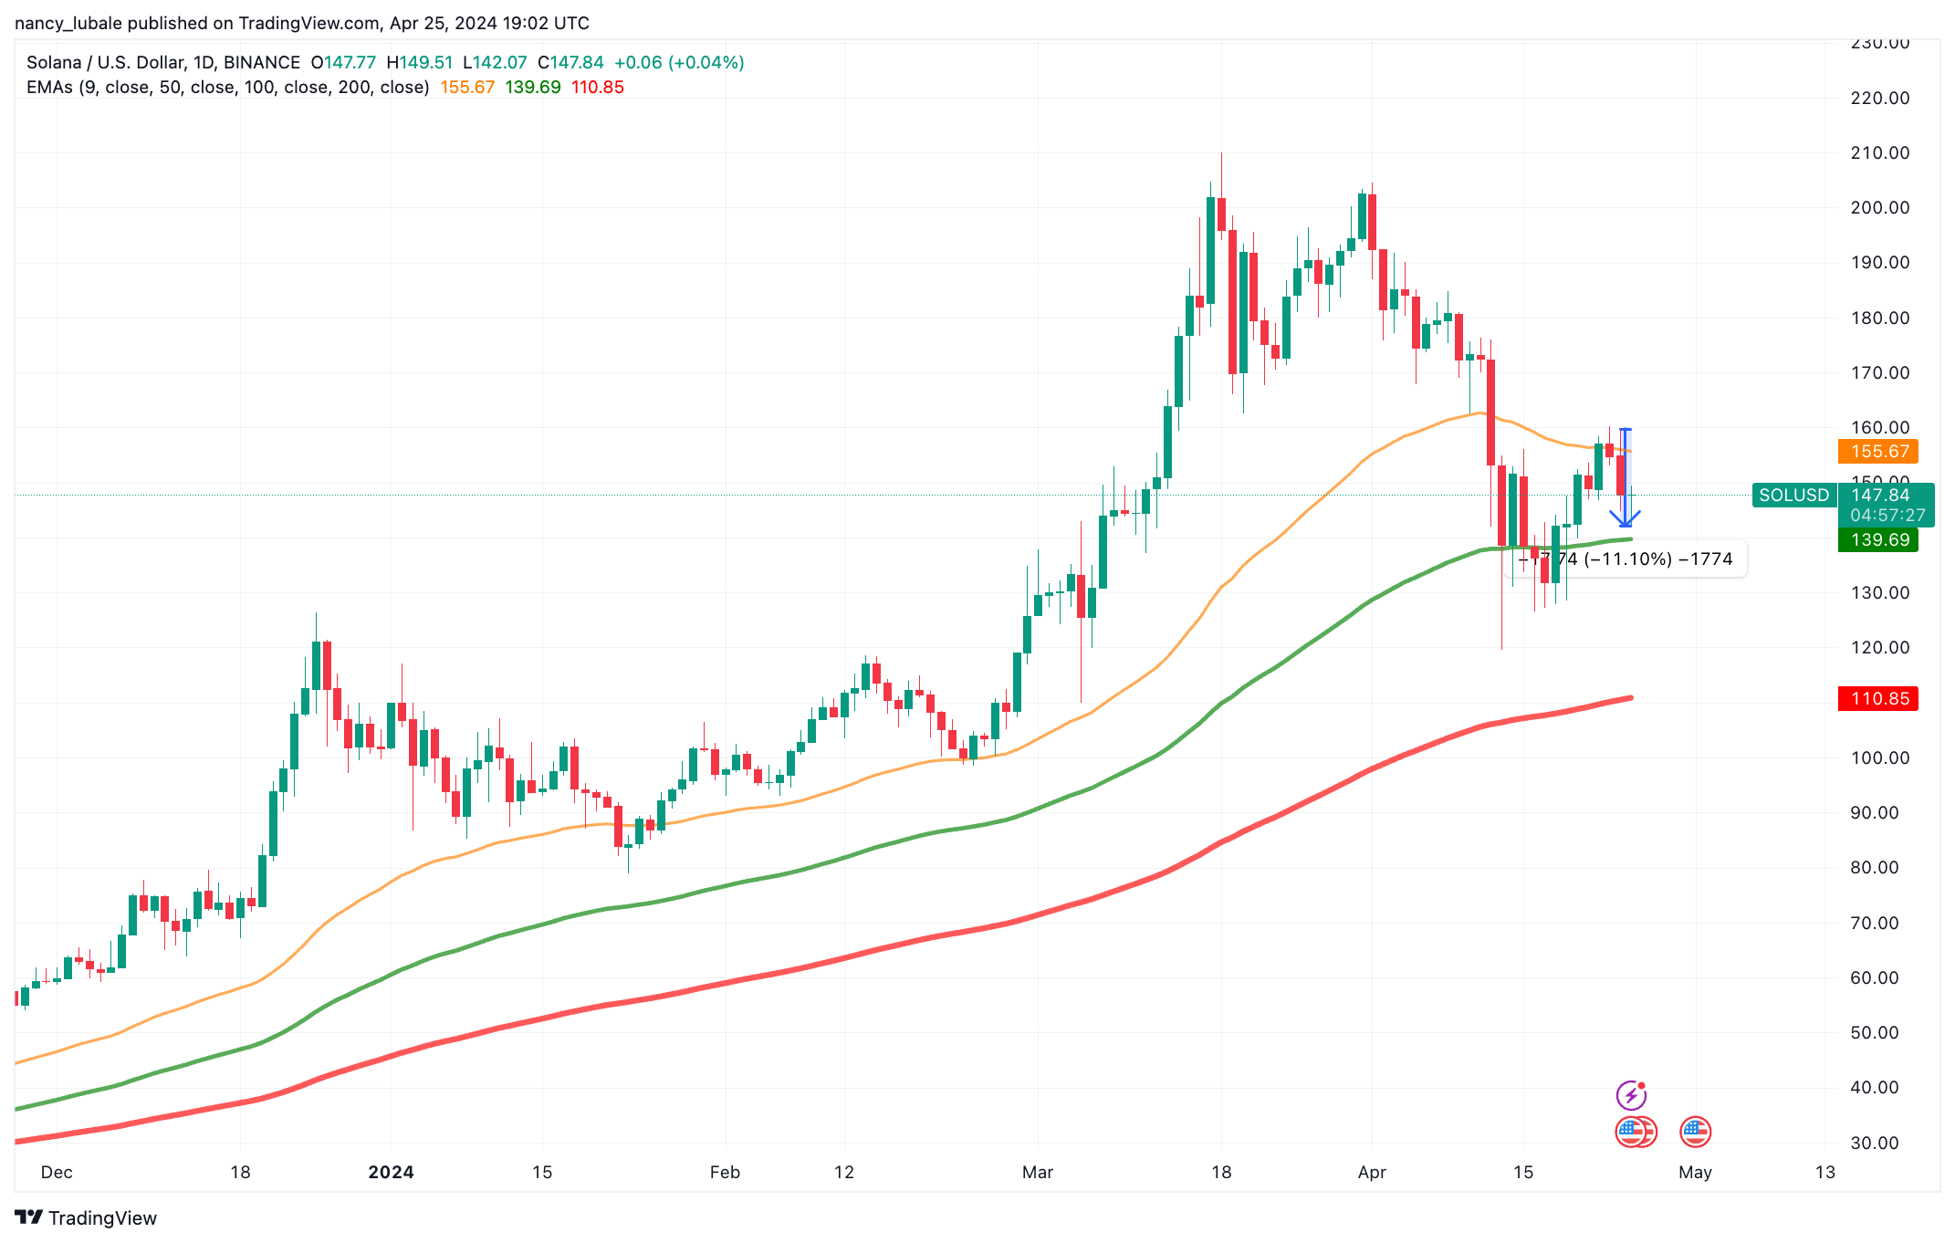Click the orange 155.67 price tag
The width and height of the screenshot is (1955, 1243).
pos(1878,451)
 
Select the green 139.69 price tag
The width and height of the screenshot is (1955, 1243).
pos(1878,539)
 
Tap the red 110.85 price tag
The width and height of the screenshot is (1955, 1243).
pos(1878,698)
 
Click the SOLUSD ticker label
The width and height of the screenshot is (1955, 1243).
pos(1793,495)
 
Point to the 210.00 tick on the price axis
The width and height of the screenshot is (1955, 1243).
pos(1879,152)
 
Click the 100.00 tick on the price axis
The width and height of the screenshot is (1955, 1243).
pos(1879,757)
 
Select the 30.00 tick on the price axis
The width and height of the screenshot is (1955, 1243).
pos(1879,1143)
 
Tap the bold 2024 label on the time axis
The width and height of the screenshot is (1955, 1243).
pos(391,1172)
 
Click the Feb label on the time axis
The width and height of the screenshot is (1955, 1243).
pos(725,1172)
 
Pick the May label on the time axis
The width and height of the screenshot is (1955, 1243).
pos(1695,1172)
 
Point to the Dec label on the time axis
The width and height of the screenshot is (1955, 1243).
pos(57,1172)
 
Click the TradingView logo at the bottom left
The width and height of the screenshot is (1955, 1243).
pos(86,1217)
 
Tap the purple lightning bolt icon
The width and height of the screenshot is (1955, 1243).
pos(1631,1094)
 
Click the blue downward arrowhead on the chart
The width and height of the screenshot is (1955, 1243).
pos(1625,519)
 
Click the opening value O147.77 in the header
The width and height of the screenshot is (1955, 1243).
pos(343,62)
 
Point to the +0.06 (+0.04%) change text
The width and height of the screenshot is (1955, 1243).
pos(678,62)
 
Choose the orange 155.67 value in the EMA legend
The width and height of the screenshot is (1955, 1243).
pos(467,87)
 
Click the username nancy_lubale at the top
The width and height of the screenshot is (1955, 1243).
pos(68,23)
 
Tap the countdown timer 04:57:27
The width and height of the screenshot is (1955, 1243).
pos(1887,515)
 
